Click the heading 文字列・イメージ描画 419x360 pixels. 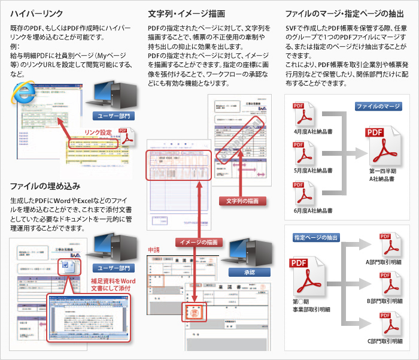click(x=187, y=13)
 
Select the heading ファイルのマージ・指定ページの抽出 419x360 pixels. click(x=344, y=13)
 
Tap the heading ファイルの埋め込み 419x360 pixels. click(x=45, y=186)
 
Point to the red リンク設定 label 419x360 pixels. click(x=98, y=132)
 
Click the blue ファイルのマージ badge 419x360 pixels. click(x=378, y=107)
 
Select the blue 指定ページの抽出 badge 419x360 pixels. click(x=316, y=237)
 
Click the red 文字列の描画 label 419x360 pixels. click(x=242, y=201)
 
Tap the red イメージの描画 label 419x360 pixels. click(x=199, y=243)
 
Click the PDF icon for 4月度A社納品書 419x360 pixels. click(x=303, y=114)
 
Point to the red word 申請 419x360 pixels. click(x=155, y=250)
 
